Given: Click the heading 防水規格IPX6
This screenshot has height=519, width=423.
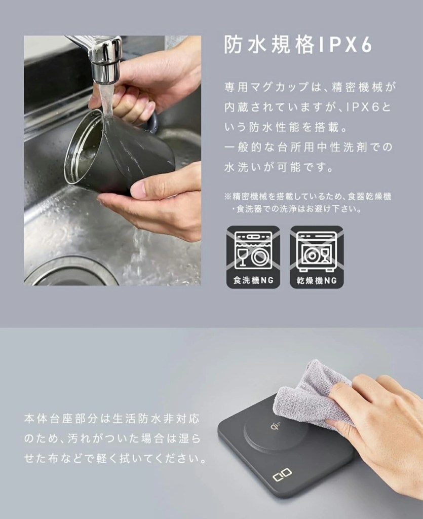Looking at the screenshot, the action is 298,45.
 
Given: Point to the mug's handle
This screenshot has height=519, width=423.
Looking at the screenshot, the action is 151,122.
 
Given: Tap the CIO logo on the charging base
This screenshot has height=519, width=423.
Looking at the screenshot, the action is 282,474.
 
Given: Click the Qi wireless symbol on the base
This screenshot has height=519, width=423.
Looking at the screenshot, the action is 275,426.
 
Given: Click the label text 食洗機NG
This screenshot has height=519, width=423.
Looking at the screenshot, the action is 253,280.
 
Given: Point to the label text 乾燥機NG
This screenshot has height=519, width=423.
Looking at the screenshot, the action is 317,280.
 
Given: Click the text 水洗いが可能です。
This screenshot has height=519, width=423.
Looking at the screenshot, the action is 279,167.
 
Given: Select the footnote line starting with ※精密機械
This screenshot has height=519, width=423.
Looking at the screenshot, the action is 307,196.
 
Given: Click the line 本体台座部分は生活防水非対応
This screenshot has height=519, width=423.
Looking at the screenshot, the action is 112,419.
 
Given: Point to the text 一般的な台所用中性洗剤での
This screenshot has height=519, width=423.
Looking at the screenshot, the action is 308,147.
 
